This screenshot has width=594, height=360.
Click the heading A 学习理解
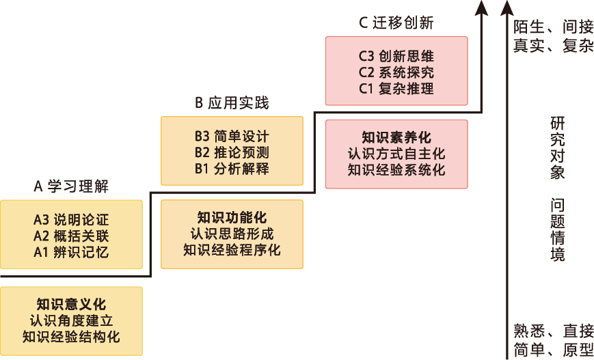pos(71,186)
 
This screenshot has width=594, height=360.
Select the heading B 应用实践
pos(232,103)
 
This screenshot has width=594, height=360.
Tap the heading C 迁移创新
pos(396,23)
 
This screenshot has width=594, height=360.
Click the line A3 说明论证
pos(71,221)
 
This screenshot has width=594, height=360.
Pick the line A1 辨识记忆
pos(71,252)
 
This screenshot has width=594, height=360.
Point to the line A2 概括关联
pos(71,236)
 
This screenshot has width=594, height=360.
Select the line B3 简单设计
pos(232,135)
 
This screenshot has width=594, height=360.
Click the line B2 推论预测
pos(232,151)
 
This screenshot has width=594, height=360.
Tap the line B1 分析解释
pos(232,168)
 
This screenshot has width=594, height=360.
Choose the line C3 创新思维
pos(396,56)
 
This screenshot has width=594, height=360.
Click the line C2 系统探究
pos(396,72)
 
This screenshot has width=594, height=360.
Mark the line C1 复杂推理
pos(396,88)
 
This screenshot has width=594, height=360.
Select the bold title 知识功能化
pos(232,218)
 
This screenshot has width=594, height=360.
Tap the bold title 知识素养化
pos(396,137)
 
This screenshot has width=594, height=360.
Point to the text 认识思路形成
pos(232,234)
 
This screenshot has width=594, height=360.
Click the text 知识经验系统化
pos(396,169)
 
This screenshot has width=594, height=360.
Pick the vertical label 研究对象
pos(558,148)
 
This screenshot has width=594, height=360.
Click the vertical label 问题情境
pos(558,230)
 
